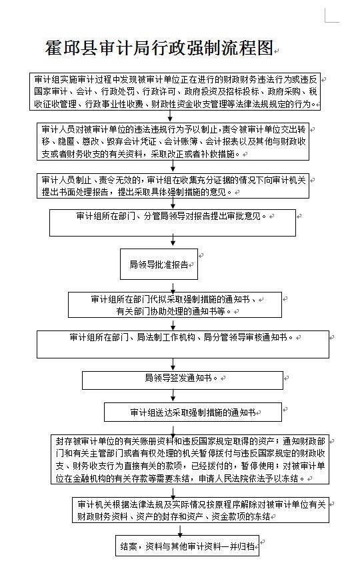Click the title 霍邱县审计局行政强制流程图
[x=160, y=47]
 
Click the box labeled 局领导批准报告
[x=159, y=265]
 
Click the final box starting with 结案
[x=187, y=546]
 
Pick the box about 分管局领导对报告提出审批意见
[x=172, y=223]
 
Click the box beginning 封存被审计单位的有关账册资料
[x=191, y=460]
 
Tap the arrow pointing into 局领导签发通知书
[x=173, y=364]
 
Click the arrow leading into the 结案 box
[x=187, y=530]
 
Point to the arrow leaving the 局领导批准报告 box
[x=159, y=285]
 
